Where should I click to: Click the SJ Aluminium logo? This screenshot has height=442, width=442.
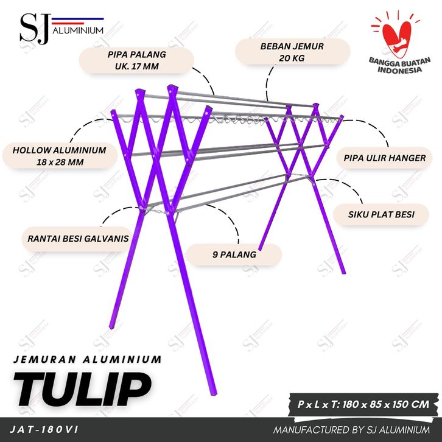click(x=61, y=29)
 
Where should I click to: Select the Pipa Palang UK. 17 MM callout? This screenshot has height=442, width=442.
click(x=137, y=60)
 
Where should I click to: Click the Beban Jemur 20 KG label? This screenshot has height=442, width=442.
click(x=292, y=52)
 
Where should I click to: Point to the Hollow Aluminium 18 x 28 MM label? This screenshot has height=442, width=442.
click(x=60, y=156)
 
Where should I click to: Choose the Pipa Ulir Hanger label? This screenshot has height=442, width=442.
click(x=385, y=158)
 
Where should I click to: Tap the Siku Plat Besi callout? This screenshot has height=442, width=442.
click(x=381, y=214)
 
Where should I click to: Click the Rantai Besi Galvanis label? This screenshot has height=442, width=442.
click(x=78, y=239)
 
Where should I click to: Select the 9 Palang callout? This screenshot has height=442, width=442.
click(x=234, y=254)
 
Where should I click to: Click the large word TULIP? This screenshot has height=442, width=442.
click(x=83, y=388)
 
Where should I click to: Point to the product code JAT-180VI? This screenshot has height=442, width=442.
click(x=44, y=429)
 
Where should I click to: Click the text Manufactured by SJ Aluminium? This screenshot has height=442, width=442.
click(x=351, y=430)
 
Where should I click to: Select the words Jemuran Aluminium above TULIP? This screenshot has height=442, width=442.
click(x=88, y=359)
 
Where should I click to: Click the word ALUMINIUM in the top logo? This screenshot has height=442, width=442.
click(x=78, y=30)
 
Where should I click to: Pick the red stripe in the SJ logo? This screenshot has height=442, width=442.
click(x=68, y=23)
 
